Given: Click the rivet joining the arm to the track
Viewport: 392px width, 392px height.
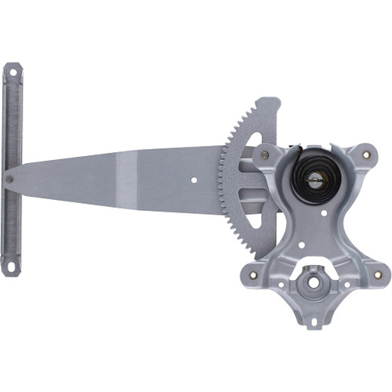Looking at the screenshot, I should tap(9, 178).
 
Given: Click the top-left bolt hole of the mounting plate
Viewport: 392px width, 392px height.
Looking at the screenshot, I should tap(264, 156).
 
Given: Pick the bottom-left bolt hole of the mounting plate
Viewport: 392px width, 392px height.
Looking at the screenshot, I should tap(252, 274).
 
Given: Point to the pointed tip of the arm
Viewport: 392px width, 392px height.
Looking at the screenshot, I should tap(5, 179).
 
